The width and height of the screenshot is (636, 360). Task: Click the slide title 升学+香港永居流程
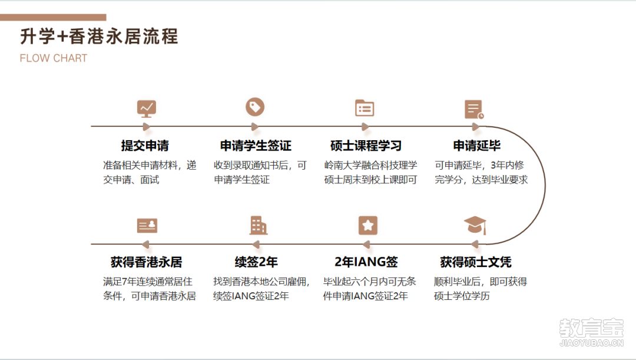click(100, 36)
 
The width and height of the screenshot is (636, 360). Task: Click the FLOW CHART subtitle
click(54, 58)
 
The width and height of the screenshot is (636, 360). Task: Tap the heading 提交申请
click(145, 146)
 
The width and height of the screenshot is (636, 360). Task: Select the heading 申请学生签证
click(256, 146)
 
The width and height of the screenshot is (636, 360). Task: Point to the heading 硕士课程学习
click(366, 146)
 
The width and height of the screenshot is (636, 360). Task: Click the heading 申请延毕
click(477, 146)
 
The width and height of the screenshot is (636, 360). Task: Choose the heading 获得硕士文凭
click(476, 262)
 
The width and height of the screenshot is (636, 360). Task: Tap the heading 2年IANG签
click(366, 262)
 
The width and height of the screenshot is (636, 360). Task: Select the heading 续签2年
click(256, 262)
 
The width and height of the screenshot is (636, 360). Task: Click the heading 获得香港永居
click(147, 262)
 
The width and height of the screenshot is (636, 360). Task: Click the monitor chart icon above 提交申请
click(147, 109)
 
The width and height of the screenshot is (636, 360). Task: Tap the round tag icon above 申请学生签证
click(255, 107)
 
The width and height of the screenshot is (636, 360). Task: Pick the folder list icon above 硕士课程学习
click(365, 108)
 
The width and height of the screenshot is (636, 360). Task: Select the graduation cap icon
click(475, 225)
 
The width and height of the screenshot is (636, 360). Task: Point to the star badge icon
click(368, 225)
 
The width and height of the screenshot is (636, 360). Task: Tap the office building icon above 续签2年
click(259, 225)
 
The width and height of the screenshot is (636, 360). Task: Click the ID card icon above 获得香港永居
click(147, 226)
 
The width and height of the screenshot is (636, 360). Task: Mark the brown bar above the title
click(53, 18)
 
